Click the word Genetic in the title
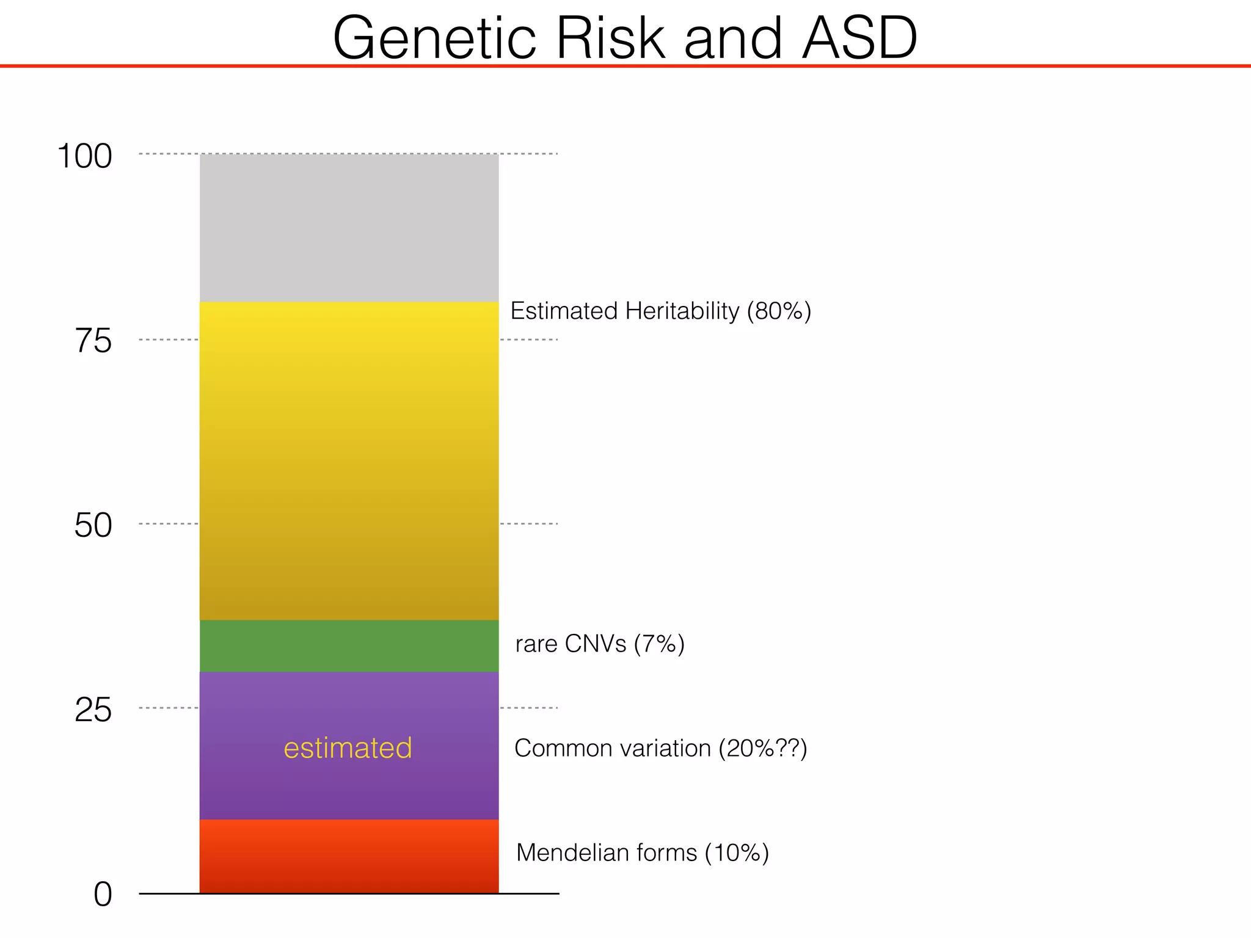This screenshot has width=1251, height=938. point(434,38)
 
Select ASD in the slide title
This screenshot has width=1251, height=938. point(859,38)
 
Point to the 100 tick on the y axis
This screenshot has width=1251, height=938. point(84,156)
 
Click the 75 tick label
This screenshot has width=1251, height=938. point(93,341)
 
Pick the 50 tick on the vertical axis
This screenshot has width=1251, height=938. point(93,525)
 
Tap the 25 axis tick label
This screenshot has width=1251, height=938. point(93,710)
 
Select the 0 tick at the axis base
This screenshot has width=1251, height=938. point(103,895)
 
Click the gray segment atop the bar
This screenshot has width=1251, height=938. point(349,227)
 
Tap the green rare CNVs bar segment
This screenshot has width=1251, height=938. point(349,646)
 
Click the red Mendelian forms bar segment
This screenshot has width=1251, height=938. point(349,856)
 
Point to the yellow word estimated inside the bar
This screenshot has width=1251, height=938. point(348,748)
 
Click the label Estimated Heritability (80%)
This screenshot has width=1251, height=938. point(660,311)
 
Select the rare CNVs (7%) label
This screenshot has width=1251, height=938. point(600,644)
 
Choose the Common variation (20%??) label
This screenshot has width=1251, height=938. point(660,748)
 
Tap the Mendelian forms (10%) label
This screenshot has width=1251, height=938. point(642,853)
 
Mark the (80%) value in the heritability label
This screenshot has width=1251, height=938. point(779,311)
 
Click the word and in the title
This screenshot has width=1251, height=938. point(732,38)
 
